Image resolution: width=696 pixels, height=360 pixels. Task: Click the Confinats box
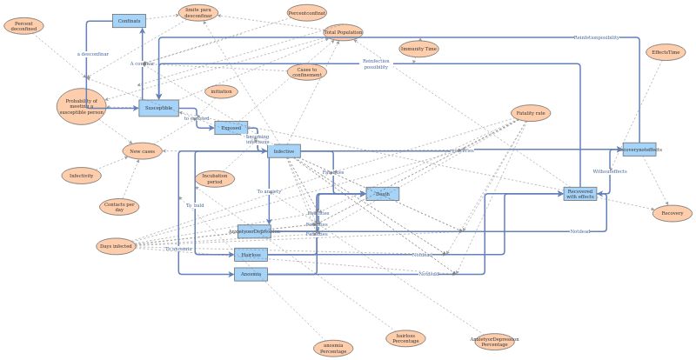pos(129,21)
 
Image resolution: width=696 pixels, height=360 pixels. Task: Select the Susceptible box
pos(158,108)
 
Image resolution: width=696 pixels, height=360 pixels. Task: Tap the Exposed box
pos(231,128)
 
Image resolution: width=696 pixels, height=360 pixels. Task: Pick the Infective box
pos(284,151)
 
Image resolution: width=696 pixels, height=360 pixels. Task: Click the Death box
pos(382,194)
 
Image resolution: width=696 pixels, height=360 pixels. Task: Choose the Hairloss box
pos(251,255)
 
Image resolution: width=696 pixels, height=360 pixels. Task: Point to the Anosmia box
pos(251,274)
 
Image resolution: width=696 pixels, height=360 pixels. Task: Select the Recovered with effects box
pos(580,194)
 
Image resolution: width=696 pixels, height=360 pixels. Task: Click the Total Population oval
pos(343,32)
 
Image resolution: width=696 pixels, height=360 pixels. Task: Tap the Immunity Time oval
pos(418,49)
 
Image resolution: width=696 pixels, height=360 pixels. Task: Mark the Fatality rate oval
pos(531,113)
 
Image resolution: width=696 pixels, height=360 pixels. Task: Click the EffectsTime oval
pos(666,52)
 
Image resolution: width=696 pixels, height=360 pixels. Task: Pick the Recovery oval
pos(672,213)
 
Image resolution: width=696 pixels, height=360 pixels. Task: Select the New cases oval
pos(142,151)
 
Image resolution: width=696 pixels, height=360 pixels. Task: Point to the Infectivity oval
pos(81,176)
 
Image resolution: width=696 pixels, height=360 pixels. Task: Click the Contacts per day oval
pos(119,207)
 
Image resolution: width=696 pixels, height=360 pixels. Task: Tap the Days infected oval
pos(116,246)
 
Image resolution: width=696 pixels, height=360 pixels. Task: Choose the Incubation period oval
pos(214,179)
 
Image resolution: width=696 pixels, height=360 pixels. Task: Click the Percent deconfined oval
pos(23,26)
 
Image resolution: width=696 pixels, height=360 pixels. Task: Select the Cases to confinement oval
pos(306,72)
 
